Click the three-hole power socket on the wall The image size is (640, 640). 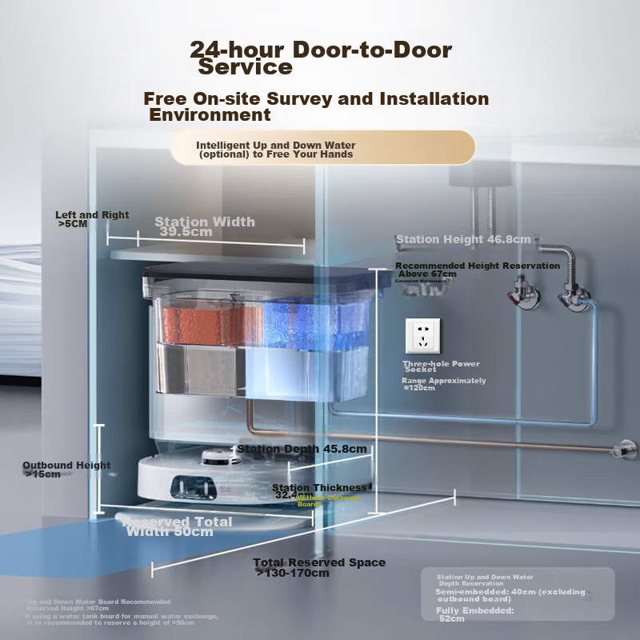click(423, 335)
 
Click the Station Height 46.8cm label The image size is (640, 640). click(463, 239)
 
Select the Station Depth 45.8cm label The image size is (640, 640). click(302, 449)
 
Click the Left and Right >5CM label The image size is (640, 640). click(91, 219)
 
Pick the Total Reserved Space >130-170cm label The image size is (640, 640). click(318, 567)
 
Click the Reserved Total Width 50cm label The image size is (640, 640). click(178, 526)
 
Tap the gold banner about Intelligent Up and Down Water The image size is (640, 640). click(322, 149)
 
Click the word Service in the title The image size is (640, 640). click(246, 67)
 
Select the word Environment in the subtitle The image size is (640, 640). click(210, 114)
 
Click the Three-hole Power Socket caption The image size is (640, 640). click(441, 366)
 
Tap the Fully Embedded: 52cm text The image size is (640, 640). click(475, 614)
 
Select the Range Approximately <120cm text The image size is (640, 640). click(443, 384)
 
